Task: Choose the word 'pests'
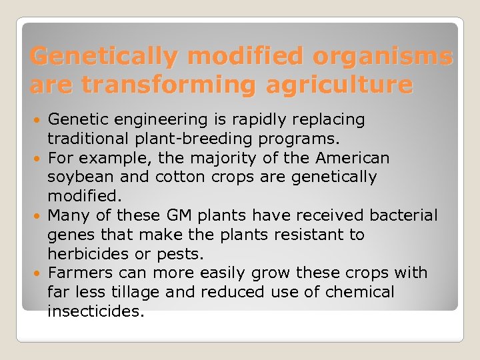(x=180, y=254)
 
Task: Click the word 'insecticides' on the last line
(x=95, y=311)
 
